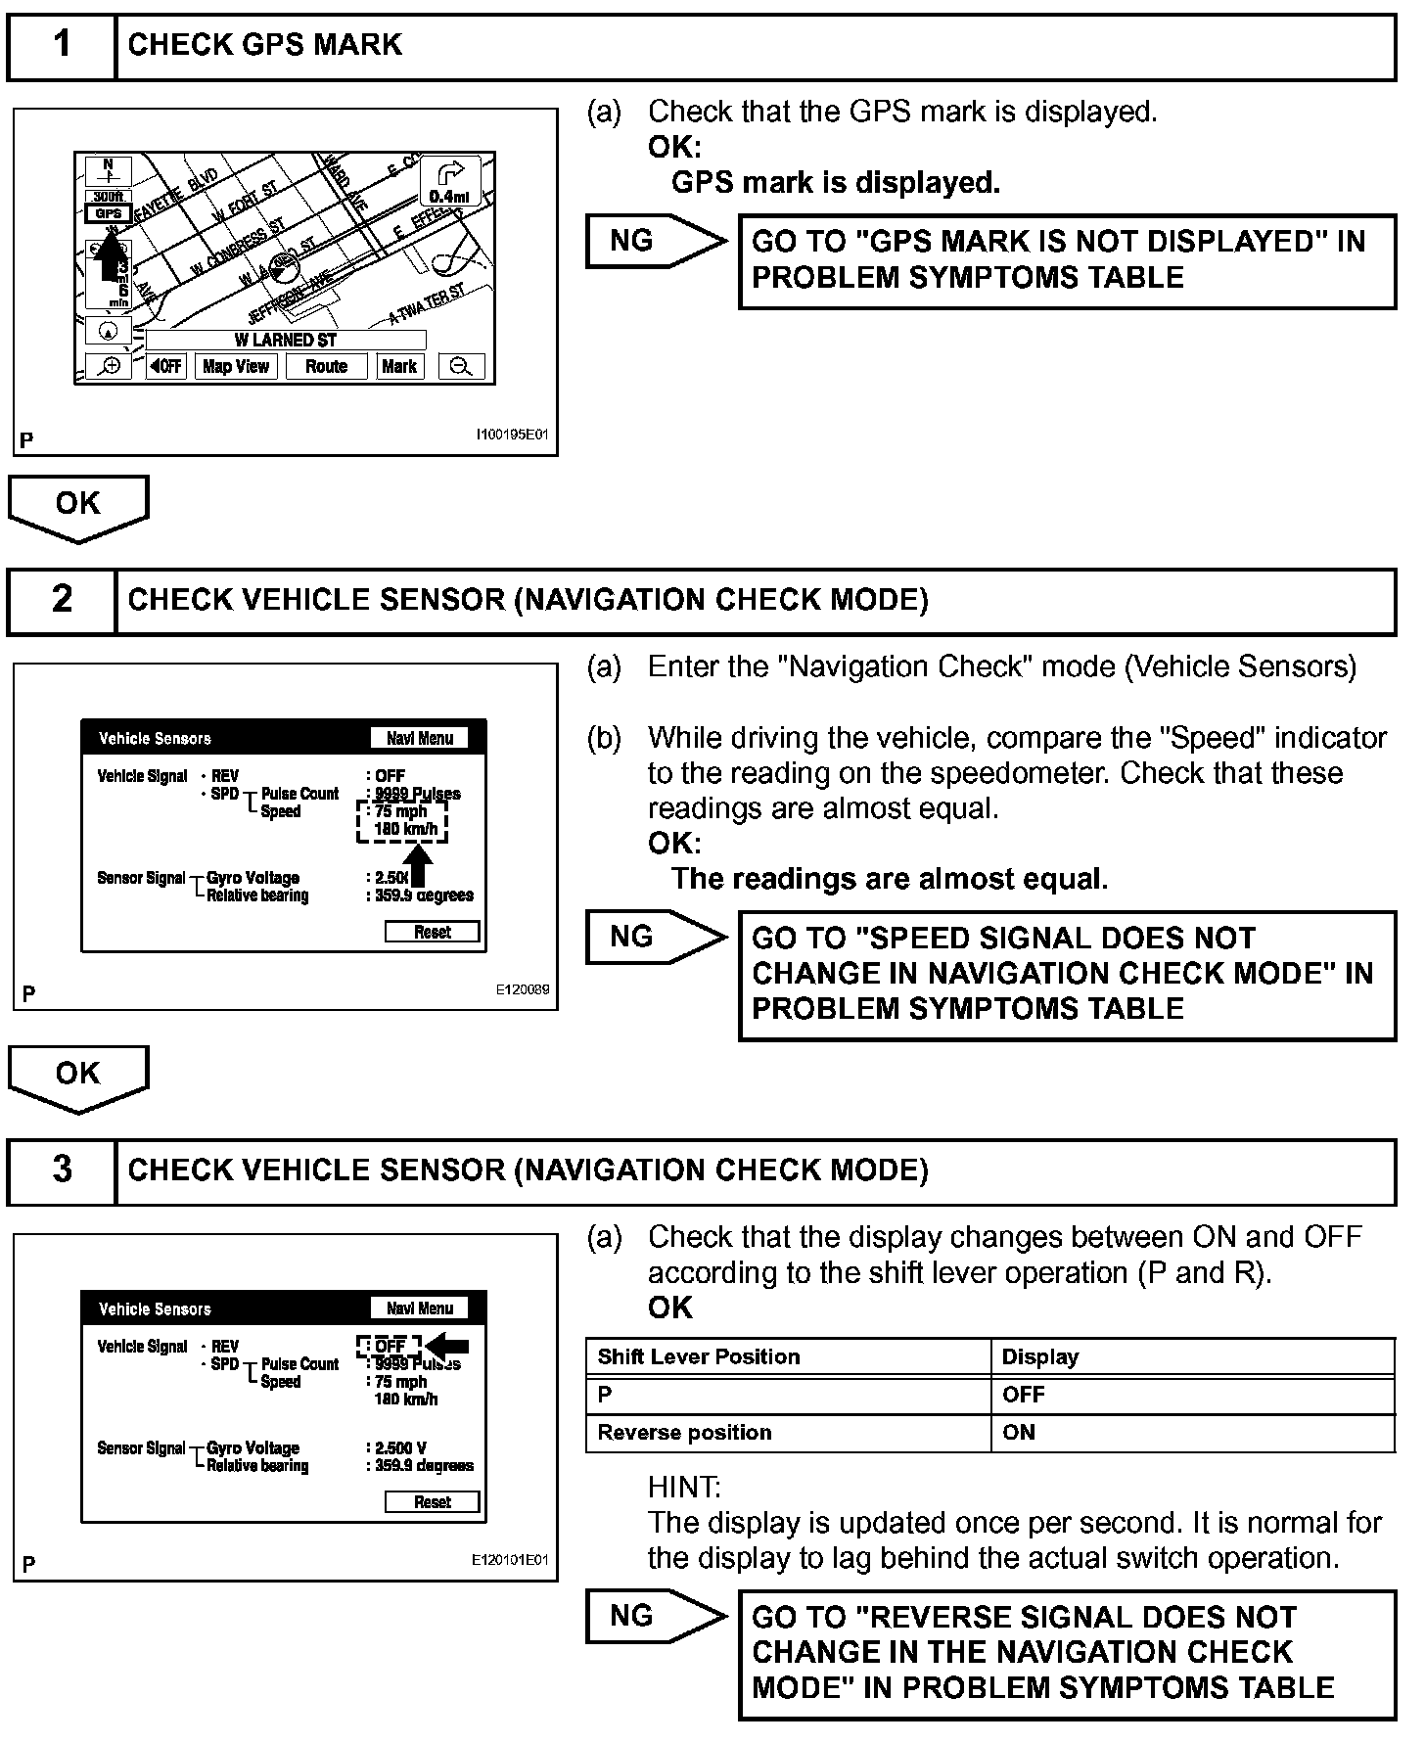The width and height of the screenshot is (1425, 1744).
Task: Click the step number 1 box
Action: [61, 45]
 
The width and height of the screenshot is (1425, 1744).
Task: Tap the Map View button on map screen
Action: [236, 367]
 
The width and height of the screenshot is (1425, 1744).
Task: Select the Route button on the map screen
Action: [326, 367]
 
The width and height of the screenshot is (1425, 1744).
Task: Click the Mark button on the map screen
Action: [399, 367]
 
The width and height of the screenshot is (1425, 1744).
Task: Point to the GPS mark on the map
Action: [108, 213]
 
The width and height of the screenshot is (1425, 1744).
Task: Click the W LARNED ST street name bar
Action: [286, 341]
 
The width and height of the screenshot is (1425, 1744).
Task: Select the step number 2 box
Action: [61, 599]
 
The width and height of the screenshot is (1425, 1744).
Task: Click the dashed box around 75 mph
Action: [401, 820]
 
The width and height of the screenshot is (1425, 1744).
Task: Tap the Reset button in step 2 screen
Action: [433, 932]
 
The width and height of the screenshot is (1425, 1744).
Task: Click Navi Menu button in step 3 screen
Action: [420, 1308]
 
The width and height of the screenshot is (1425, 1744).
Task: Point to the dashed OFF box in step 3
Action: [389, 1346]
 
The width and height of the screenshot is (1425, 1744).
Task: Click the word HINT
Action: [684, 1488]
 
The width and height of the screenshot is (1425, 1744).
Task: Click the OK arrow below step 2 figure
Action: [78, 1077]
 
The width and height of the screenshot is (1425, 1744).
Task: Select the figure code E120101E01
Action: [510, 1560]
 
